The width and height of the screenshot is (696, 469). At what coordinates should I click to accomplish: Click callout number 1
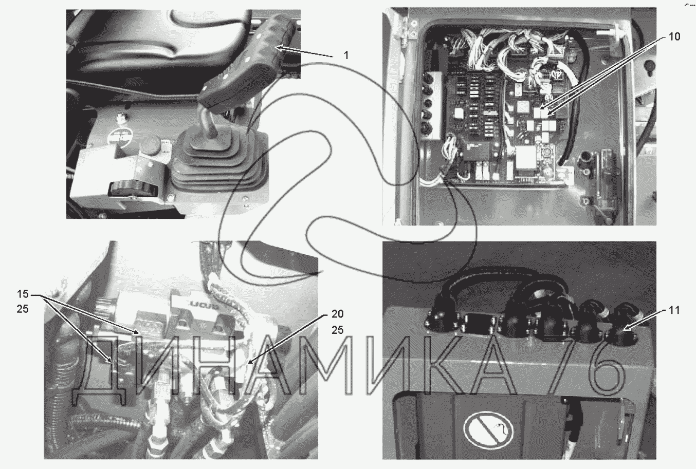(346, 55)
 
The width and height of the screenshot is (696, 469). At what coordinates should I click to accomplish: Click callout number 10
(674, 36)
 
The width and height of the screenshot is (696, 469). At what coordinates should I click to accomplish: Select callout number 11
(673, 310)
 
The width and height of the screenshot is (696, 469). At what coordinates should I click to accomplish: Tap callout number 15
(23, 294)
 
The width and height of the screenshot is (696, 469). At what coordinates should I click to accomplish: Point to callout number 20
(337, 314)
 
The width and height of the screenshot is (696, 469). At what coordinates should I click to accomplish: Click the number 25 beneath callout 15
(23, 309)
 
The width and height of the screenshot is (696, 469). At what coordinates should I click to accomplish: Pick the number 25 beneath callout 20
(337, 330)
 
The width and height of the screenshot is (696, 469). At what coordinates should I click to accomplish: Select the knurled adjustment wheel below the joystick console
(131, 190)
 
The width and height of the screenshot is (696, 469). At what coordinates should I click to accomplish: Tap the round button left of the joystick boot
(152, 146)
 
